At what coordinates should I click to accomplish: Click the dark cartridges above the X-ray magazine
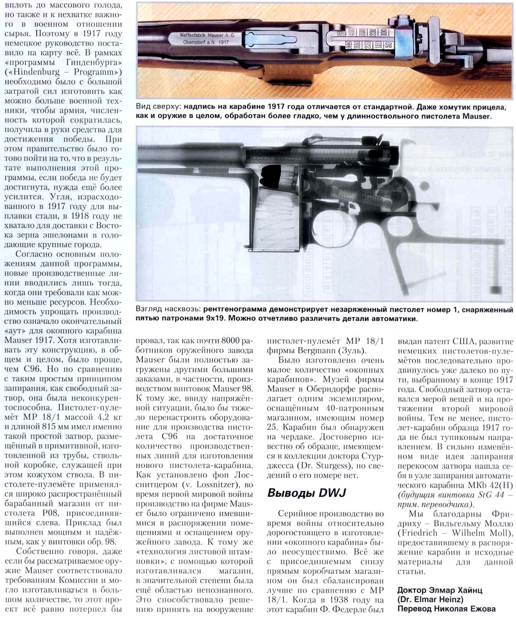271,176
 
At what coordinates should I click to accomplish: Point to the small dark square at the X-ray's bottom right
495,289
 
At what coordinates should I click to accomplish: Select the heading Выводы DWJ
306,493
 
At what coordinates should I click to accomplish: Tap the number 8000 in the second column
231,341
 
